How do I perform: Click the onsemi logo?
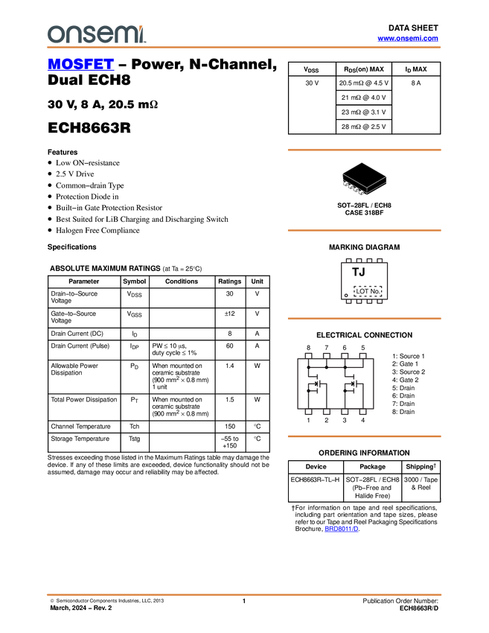coord(96,34)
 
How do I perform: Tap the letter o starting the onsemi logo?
coord(54,34)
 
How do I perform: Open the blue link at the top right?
coord(408,38)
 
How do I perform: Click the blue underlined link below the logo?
coord(80,66)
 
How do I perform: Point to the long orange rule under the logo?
coord(243,48)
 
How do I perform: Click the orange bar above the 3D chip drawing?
coord(364,150)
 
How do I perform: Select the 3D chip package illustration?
coord(364,179)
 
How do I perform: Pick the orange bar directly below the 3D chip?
coord(364,230)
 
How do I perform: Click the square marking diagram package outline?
coord(364,280)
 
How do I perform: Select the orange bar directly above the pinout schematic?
coord(364,319)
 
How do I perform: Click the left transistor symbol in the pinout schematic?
coord(316,383)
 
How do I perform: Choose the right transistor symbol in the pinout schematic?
coord(352,383)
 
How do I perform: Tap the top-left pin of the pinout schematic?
coord(307,354)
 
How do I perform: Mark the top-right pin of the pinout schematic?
coord(362,354)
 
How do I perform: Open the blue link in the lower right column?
coord(341,529)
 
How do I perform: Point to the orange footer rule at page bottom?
coord(243,595)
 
